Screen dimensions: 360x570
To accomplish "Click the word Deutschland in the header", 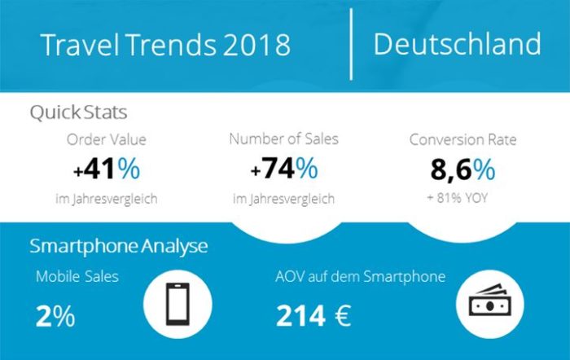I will (x=457, y=44).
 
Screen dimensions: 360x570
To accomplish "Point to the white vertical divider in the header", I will (x=352, y=44).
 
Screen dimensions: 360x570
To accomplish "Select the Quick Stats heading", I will (x=78, y=111).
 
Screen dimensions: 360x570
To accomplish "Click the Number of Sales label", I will (x=284, y=139).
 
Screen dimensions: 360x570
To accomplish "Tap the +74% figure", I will (x=284, y=170).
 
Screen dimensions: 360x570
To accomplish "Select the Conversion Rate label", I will (x=463, y=139).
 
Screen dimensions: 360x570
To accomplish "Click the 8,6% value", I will (x=463, y=170).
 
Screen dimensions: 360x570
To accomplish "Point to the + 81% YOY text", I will (x=463, y=198).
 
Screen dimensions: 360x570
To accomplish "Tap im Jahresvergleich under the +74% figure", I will (x=284, y=198).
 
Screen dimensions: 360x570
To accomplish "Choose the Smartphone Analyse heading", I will (x=119, y=246).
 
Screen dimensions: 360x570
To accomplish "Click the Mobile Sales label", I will (x=77, y=277).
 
